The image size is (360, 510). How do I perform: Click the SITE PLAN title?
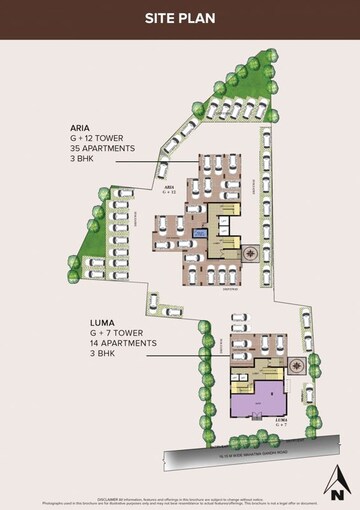click(x=180, y=18)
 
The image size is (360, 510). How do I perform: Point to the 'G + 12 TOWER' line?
click(x=100, y=139)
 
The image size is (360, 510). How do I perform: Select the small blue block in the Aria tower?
click(x=200, y=233)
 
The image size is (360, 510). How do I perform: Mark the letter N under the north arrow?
click(x=337, y=492)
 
